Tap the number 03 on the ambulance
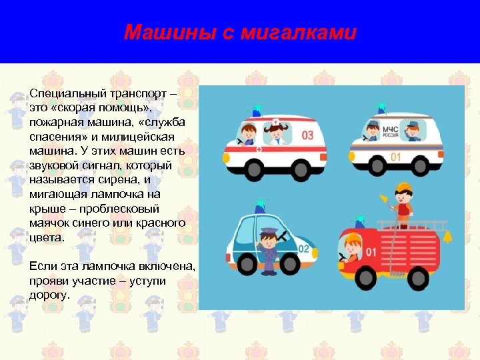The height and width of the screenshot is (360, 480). coord(307,135)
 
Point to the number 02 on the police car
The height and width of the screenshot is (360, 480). coord(304,249)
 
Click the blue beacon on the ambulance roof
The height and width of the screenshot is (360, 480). coord(257,110)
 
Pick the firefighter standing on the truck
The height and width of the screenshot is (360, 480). coord(402,203)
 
